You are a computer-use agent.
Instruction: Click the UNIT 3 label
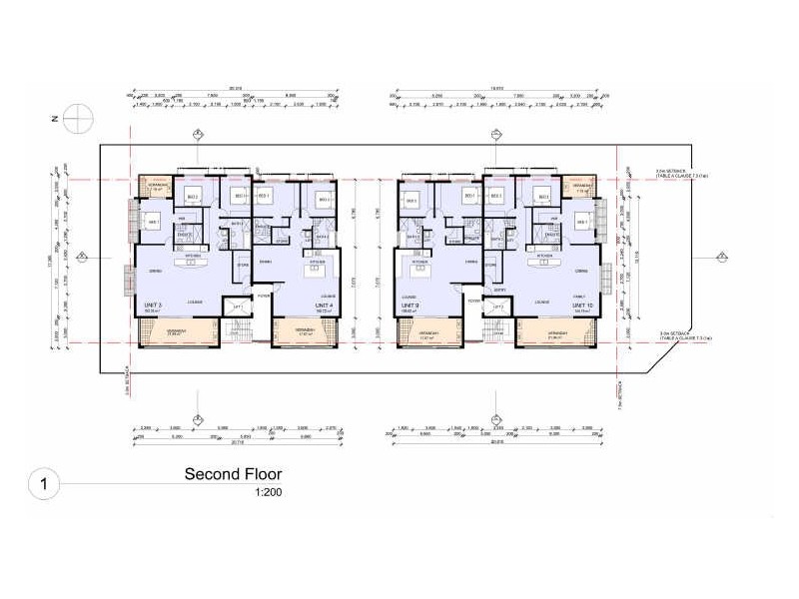pos(153,304)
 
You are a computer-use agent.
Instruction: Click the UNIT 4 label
pos(323,304)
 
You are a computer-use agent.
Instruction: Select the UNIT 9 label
pos(409,304)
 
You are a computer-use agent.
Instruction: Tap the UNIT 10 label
pos(581,304)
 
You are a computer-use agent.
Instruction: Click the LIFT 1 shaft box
pos(238,308)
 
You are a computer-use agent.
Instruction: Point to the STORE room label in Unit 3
pos(242,266)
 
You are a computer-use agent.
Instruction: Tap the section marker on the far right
pos(721,258)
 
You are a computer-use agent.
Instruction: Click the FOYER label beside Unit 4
pos(263,296)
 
